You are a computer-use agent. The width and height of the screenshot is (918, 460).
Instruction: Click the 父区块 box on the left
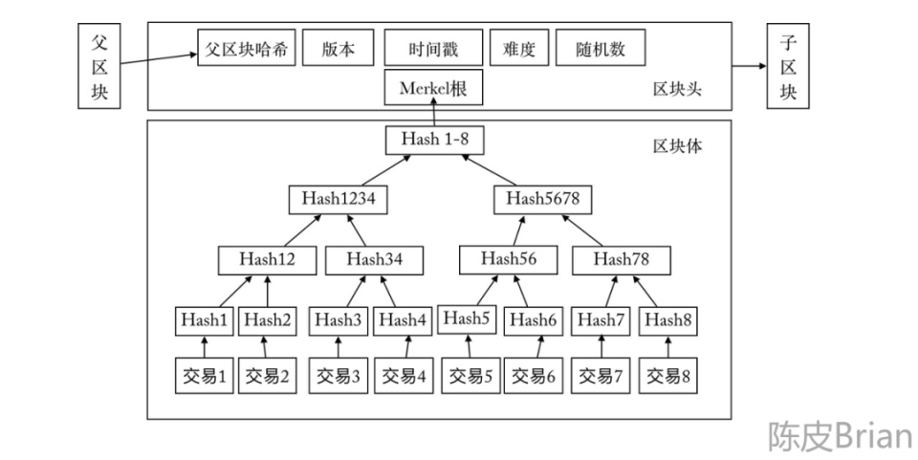99,67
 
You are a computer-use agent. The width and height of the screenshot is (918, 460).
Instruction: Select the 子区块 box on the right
789,67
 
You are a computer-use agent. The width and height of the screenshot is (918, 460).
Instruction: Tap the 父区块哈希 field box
248,48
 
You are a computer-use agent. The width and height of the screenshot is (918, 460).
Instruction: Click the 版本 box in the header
338,48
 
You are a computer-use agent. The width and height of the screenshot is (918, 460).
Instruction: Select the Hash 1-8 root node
435,140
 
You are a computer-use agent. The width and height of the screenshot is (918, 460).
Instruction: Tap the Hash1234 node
332,200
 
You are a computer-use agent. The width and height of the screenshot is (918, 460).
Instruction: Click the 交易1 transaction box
203,375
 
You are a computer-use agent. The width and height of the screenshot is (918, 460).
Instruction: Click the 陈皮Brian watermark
839,435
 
